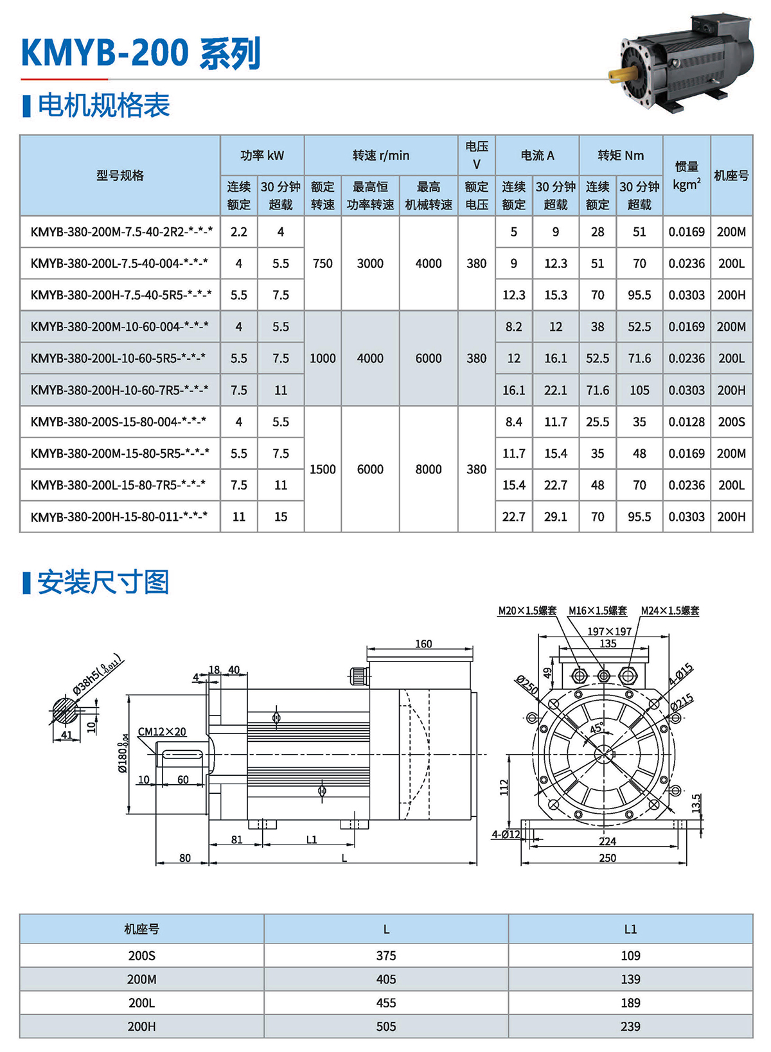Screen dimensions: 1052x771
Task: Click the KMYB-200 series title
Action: tap(141, 53)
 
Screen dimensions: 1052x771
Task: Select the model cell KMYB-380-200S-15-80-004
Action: tap(120, 422)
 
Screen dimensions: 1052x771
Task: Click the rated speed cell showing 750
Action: tap(323, 263)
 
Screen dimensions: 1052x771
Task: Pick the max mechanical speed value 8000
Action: tap(428, 469)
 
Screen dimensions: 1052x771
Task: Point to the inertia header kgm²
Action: tap(686, 176)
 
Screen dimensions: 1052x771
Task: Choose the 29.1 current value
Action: tap(555, 517)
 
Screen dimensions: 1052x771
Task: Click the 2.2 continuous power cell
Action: tap(238, 232)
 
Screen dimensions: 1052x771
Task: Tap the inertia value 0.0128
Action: tap(686, 422)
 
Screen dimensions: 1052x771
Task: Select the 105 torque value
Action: tap(639, 390)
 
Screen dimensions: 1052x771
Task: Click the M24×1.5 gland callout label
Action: tap(669, 611)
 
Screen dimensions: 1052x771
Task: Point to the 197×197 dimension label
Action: tap(608, 632)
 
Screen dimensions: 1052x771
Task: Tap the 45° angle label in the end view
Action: tap(596, 728)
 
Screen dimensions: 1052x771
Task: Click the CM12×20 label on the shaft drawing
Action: tap(162, 732)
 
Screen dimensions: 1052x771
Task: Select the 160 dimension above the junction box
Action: tap(423, 644)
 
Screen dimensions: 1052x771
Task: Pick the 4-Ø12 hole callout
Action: tap(506, 834)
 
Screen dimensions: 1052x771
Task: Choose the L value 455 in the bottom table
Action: tap(386, 1003)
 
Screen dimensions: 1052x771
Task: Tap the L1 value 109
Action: tap(630, 956)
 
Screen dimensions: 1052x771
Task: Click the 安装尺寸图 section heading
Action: tap(103, 583)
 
